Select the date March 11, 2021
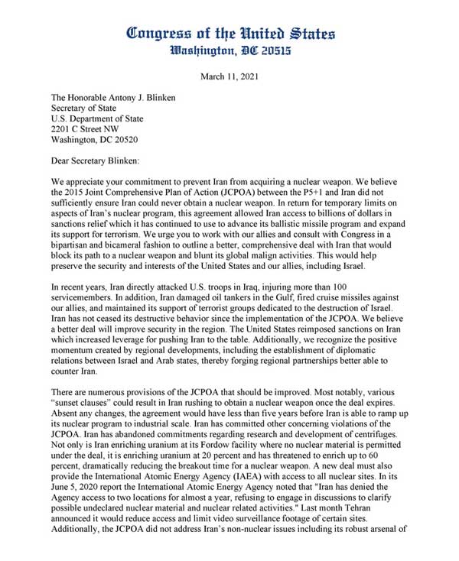coord(229,77)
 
